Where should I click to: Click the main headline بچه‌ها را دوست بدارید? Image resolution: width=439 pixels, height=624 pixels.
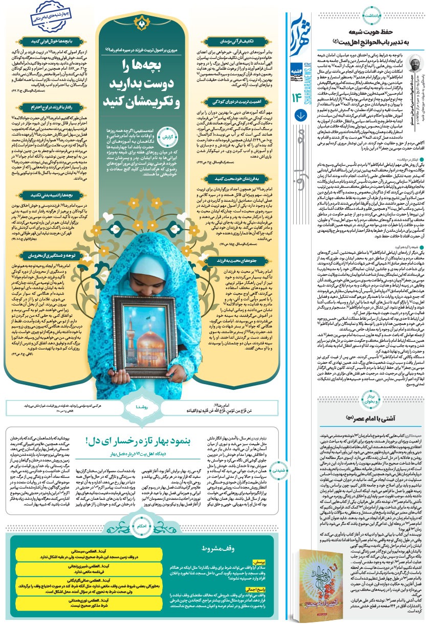tap(142, 79)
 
